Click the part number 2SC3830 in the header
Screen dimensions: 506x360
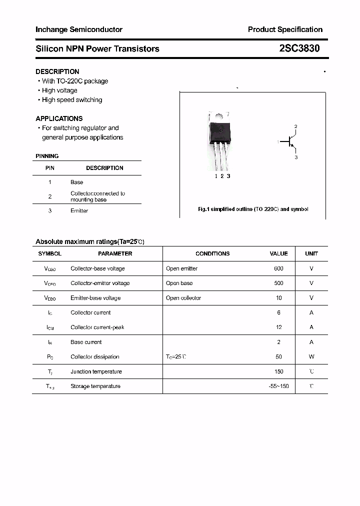click(x=299, y=48)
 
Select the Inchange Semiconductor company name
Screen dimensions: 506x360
click(x=79, y=29)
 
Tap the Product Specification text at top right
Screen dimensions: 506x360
click(x=285, y=29)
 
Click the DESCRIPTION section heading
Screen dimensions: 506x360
click(x=57, y=71)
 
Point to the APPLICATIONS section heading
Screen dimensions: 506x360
click(x=59, y=118)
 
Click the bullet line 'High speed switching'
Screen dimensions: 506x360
click(x=71, y=100)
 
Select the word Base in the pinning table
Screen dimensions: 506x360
click(x=76, y=182)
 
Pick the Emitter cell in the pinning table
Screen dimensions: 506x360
click(x=79, y=211)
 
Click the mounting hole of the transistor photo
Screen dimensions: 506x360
click(x=219, y=117)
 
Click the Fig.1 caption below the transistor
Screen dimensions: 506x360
click(x=253, y=209)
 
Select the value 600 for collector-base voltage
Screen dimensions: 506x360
click(x=278, y=268)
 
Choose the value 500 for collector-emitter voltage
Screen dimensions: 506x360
click(x=278, y=283)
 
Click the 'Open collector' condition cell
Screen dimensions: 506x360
click(x=183, y=298)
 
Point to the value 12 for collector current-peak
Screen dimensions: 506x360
click(x=278, y=327)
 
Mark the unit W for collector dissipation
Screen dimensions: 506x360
click(x=311, y=357)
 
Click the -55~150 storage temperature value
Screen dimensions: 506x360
click(x=278, y=386)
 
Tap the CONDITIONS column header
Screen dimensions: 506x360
click(x=212, y=254)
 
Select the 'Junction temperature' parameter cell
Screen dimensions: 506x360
click(x=96, y=371)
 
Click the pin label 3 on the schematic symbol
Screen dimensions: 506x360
click(x=296, y=157)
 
